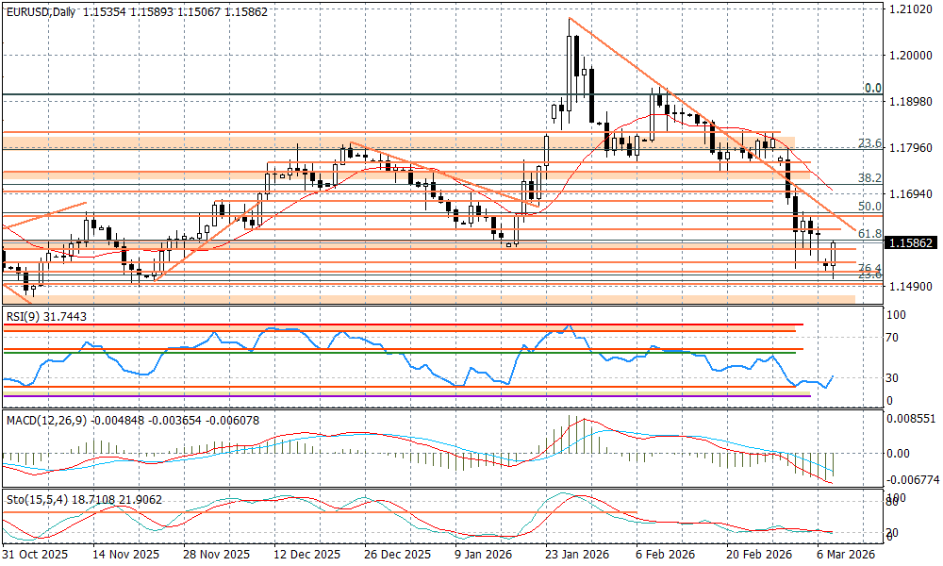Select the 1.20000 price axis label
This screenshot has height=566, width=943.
tap(908, 55)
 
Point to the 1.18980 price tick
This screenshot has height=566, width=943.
tap(908, 101)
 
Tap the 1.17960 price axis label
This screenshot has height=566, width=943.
tap(908, 147)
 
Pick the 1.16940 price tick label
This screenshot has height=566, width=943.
tap(908, 193)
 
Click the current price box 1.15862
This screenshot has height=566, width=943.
tap(909, 242)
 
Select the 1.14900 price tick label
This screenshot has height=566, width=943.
tap(908, 286)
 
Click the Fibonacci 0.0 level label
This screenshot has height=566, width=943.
tap(873, 88)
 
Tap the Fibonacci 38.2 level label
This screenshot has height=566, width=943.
tap(869, 177)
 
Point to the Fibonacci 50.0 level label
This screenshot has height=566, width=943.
tap(869, 206)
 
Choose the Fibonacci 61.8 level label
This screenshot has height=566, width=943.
tap(869, 233)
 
